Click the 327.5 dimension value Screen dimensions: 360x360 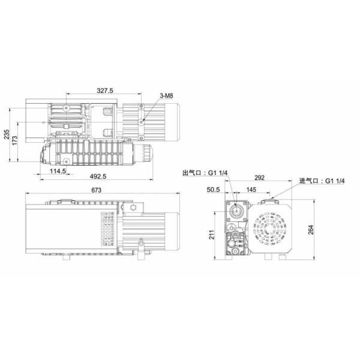pyautogui.click(x=106, y=90)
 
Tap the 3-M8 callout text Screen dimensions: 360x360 pyautogui.click(x=167, y=96)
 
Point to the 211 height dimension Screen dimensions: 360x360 pyautogui.click(x=212, y=234)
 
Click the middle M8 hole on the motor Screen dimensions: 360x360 pyautogui.click(x=142, y=121)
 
